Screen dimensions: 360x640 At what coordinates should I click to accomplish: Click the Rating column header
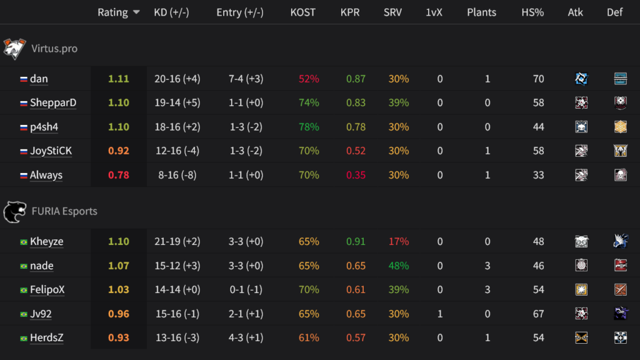tap(112, 12)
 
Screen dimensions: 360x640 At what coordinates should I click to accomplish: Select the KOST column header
tap(303, 12)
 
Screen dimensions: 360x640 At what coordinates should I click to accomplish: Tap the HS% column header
tap(532, 12)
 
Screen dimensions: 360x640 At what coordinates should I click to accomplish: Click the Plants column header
tap(481, 12)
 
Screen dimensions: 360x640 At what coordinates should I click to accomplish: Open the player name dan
tap(39, 79)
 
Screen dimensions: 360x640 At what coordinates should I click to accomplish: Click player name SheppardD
tap(53, 102)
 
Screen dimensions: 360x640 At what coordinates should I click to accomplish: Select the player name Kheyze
tap(46, 241)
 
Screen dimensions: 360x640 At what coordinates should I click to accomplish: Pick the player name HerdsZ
tap(46, 337)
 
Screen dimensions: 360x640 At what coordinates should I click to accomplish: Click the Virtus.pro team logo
tap(14, 48)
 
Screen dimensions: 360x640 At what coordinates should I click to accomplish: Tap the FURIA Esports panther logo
tap(14, 211)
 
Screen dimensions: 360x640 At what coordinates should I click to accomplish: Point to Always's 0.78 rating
tap(119, 175)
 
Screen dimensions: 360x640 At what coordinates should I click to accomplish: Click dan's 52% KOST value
tap(309, 79)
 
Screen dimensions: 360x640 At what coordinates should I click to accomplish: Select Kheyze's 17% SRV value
tap(399, 241)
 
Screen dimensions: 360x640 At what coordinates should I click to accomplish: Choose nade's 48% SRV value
tap(399, 266)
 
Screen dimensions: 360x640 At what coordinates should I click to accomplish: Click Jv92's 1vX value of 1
tap(440, 314)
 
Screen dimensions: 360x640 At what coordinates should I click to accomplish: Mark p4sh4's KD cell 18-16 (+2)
tap(177, 127)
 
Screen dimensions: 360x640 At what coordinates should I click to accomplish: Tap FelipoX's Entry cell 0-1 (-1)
tap(239, 289)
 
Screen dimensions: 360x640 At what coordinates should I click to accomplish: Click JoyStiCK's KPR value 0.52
tap(356, 151)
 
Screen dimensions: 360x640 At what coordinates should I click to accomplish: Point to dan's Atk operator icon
tap(582, 79)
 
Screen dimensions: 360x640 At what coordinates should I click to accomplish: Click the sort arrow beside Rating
tap(136, 13)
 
